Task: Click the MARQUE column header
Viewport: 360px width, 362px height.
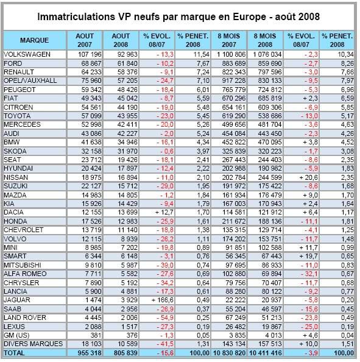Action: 34,40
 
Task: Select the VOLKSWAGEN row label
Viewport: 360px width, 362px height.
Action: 27,54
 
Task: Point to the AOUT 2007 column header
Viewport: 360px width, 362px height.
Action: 85,40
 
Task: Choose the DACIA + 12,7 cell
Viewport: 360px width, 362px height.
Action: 164,213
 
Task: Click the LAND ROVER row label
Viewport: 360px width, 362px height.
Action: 25,318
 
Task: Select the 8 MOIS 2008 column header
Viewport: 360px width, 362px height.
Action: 265,40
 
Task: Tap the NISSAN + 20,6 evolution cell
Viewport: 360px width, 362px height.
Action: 309,177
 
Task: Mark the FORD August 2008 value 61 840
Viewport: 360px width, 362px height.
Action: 127,63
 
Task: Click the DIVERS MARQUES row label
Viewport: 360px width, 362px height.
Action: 34,344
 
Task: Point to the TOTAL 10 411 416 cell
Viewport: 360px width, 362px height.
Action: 266,353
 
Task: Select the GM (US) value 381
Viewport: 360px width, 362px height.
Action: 94,335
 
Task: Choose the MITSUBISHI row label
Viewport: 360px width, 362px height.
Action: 23,265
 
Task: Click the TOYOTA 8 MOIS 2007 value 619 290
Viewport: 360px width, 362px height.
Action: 234,116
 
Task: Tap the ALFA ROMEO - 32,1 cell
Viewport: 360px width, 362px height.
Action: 309,274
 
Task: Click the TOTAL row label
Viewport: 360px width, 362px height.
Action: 14,353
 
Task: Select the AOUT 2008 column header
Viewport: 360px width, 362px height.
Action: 121,40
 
